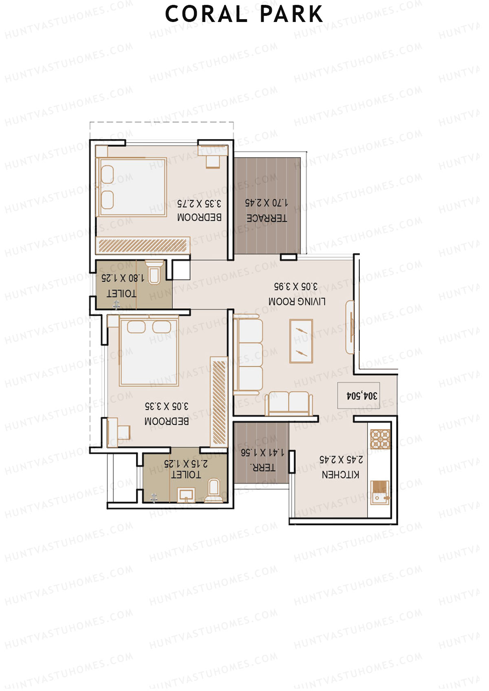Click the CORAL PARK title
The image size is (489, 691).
coord(244,14)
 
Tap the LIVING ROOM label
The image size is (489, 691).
coord(297,302)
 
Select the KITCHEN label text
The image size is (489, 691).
coord(340,475)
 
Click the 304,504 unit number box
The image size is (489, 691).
coord(359,395)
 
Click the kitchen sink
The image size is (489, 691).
coord(380,493)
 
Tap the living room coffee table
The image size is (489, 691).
coord(301,341)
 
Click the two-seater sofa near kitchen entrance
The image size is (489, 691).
coord(289,403)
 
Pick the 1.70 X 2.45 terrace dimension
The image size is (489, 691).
coord(266,202)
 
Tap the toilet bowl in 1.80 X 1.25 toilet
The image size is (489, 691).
coord(154,273)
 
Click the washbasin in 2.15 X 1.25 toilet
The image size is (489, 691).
coord(186,495)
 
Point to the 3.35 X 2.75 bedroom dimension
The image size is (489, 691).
coord(199,203)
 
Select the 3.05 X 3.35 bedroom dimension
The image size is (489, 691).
coord(167,406)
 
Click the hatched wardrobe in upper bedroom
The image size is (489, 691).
coord(143,246)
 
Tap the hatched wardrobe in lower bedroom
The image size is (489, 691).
coord(219,402)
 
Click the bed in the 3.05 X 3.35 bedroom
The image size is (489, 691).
coord(149,352)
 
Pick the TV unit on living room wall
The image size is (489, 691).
coord(350,327)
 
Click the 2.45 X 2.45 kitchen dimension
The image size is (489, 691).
coord(341,460)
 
